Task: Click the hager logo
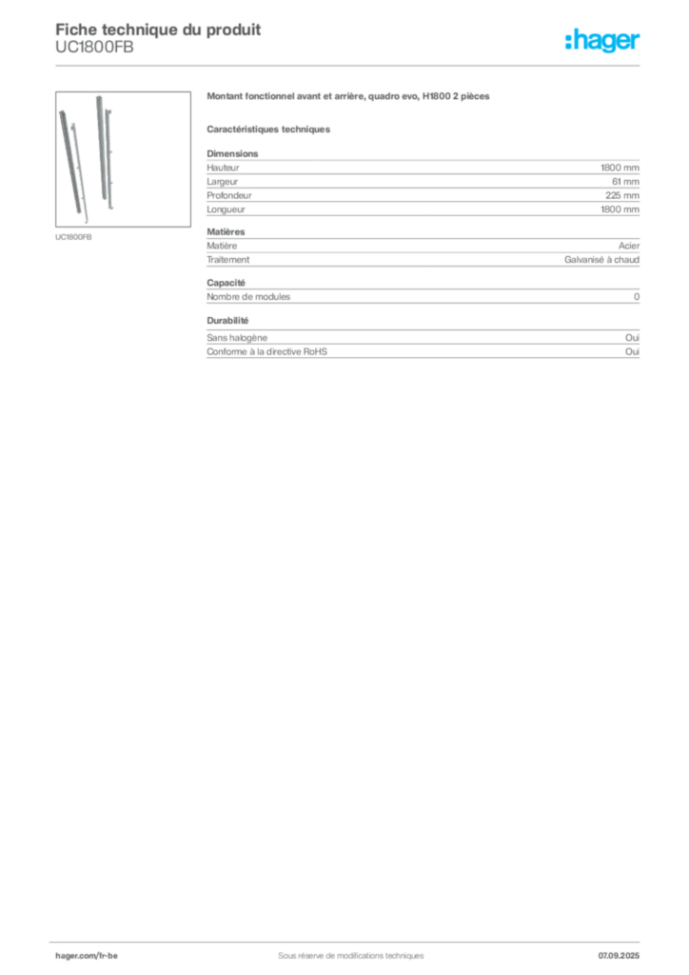[x=602, y=41]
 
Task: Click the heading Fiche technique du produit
[x=158, y=30]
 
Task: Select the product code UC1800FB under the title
[x=94, y=48]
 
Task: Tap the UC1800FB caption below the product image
[x=73, y=237]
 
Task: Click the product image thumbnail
[x=123, y=159]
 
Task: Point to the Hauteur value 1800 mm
[x=620, y=168]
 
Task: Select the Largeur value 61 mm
[x=625, y=182]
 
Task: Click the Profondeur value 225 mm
[x=621, y=195]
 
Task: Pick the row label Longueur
[x=226, y=209]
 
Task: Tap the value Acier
[x=629, y=246]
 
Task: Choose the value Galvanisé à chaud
[x=601, y=260]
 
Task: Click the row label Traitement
[x=228, y=260]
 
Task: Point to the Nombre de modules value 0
[x=637, y=297]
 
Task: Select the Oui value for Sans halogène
[x=632, y=338]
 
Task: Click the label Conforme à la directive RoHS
[x=267, y=351]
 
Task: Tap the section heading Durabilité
[x=227, y=321]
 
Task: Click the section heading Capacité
[x=226, y=283]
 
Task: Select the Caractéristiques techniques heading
[x=268, y=129]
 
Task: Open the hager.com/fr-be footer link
[x=87, y=956]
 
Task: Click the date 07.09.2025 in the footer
[x=619, y=956]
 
